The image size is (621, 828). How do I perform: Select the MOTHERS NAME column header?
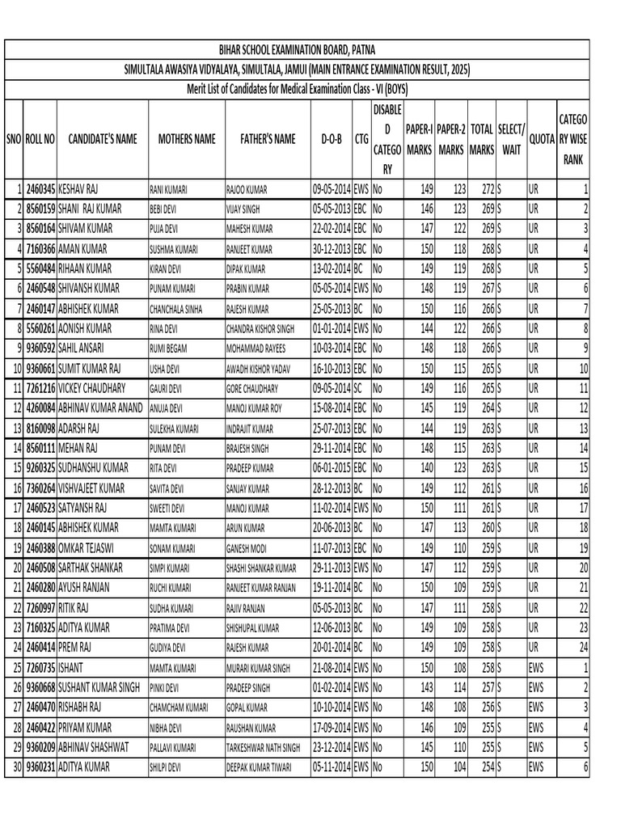click(187, 139)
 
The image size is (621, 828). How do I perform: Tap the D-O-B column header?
click(332, 139)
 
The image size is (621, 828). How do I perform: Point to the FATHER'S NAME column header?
click(268, 139)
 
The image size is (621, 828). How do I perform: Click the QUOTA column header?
click(541, 139)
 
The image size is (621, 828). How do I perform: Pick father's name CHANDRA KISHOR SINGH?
click(263, 329)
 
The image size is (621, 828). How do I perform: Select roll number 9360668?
click(40, 687)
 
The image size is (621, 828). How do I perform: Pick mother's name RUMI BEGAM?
click(171, 349)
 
